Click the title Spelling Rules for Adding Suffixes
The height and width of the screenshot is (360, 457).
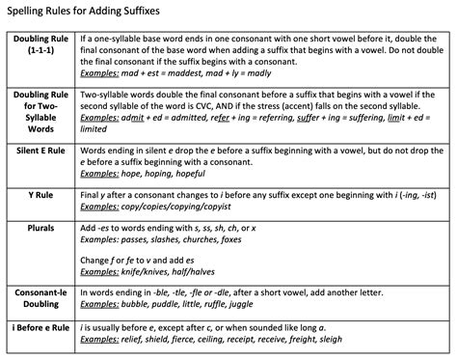84,13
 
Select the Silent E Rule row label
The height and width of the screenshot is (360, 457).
40,152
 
